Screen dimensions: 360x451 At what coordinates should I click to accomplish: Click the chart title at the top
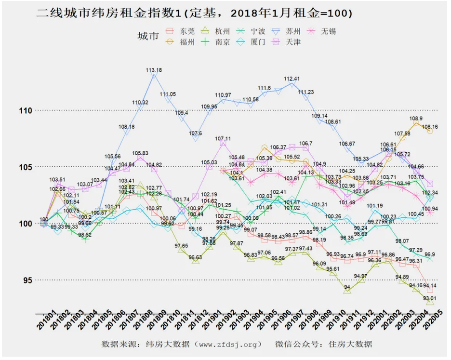[195, 13]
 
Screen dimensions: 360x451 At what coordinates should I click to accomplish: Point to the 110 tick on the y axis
[25, 110]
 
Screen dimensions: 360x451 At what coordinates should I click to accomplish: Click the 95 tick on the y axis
[27, 280]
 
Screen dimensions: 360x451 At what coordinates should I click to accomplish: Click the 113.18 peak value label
[154, 70]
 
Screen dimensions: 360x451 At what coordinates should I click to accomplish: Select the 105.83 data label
[140, 153]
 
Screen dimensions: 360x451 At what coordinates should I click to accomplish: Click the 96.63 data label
[195, 258]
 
